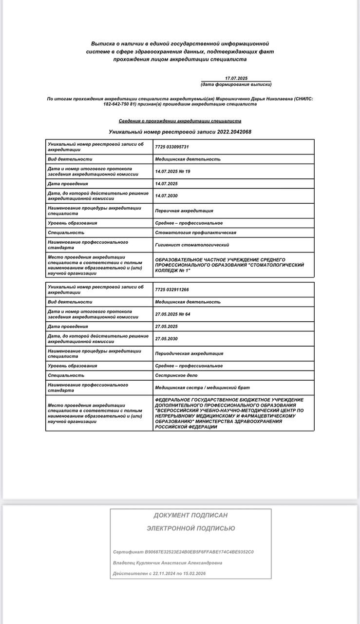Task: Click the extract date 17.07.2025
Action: (236, 78)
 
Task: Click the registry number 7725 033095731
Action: (172, 147)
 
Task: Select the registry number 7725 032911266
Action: (172, 290)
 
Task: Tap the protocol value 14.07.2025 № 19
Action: (172, 172)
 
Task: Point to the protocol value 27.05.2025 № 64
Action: (172, 314)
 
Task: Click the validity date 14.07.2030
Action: (166, 196)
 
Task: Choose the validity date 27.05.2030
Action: (166, 338)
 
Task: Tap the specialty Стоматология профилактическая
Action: (195, 233)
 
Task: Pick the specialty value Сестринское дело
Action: (176, 375)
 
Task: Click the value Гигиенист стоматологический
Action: (192, 245)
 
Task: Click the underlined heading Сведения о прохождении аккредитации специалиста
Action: (180, 121)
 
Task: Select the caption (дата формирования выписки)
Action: (236, 84)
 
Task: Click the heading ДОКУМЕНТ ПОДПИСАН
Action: (190, 515)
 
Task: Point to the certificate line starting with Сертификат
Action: (183, 552)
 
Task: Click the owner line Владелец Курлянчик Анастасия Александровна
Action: (168, 563)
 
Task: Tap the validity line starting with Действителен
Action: (159, 574)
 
